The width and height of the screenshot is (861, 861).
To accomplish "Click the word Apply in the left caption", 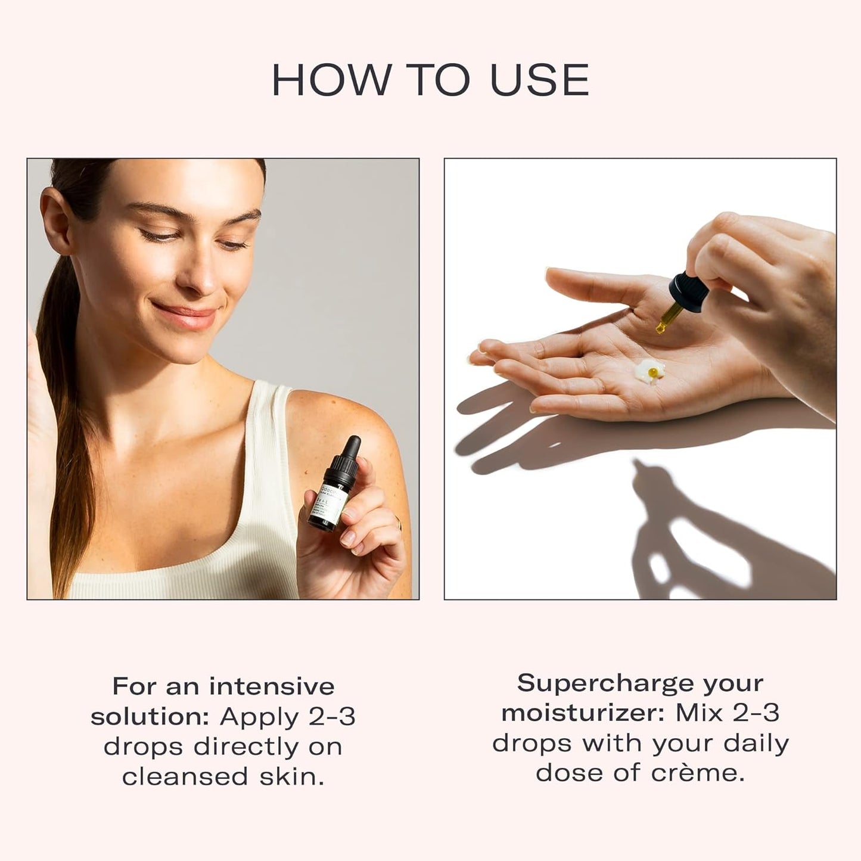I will tap(260, 717).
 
